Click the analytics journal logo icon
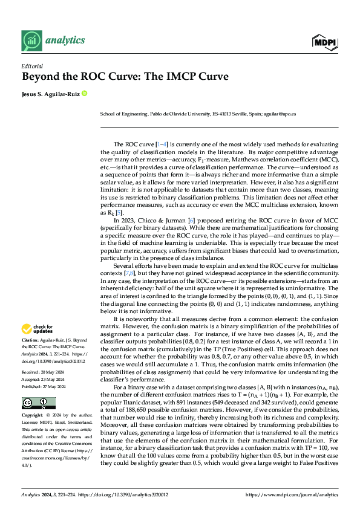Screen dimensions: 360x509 (x=31, y=41)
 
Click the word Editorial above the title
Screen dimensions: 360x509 (x=31, y=66)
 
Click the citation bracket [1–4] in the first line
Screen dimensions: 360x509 (x=162, y=144)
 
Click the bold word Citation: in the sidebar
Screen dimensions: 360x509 (x=31, y=341)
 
